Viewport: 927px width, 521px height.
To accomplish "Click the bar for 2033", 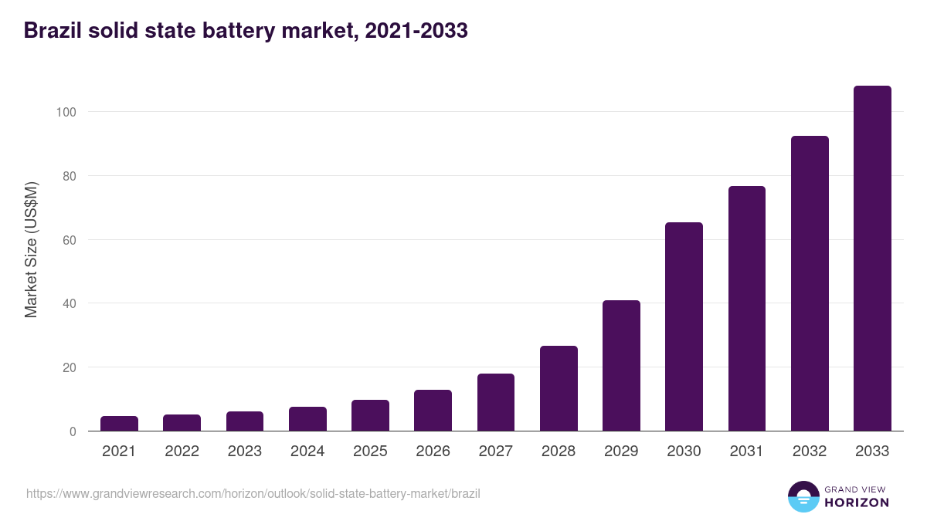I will [872, 259].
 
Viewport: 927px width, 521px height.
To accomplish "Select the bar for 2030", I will [684, 326].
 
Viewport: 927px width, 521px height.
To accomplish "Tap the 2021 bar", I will [119, 424].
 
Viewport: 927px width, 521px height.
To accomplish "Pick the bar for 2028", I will [559, 388].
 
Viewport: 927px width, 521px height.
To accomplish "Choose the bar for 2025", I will [370, 415].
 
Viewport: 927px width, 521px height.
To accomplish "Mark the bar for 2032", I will [810, 283].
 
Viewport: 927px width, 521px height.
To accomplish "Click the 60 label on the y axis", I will [69, 240].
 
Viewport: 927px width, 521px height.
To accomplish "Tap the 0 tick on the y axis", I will [72, 431].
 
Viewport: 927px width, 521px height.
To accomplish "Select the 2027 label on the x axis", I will [496, 452].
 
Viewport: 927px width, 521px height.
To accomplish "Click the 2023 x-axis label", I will [244, 452].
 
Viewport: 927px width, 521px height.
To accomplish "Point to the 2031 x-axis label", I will [747, 452].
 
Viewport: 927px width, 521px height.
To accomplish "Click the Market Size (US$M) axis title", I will [31, 249].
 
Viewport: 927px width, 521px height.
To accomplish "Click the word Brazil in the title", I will [52, 31].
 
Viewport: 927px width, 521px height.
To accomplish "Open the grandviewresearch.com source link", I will [253, 493].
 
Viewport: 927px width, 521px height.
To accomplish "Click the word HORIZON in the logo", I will [857, 502].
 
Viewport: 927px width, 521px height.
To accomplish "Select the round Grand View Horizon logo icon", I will [803, 496].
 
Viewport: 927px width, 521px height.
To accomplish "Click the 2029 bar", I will [621, 366].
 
